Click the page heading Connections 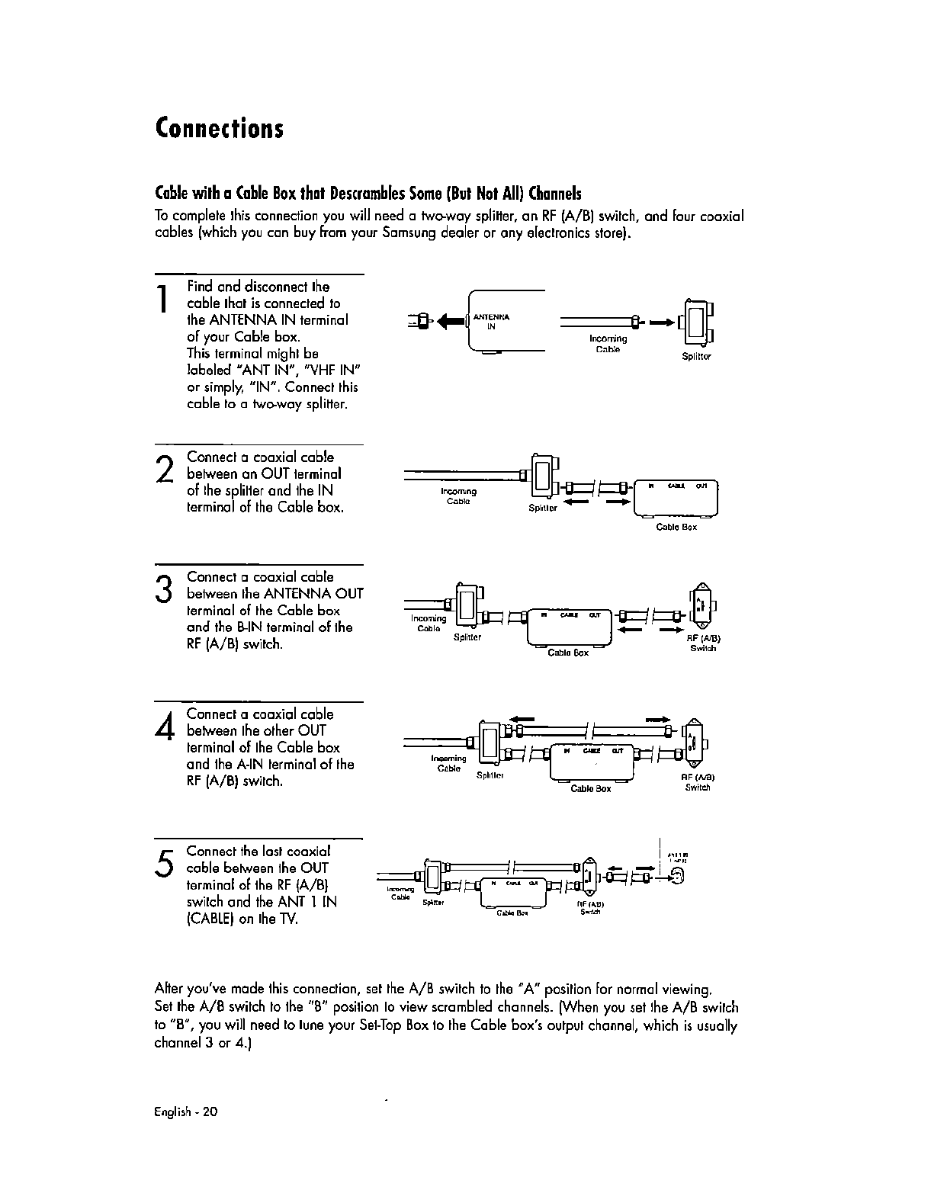point(220,127)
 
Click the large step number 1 point(162,299)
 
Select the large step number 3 point(162,589)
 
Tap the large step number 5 point(162,862)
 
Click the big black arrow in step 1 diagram point(449,320)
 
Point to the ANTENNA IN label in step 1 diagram point(491,321)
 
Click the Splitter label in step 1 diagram point(697,356)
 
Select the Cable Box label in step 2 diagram point(676,527)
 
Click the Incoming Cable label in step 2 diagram point(458,496)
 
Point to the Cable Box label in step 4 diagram point(590,789)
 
